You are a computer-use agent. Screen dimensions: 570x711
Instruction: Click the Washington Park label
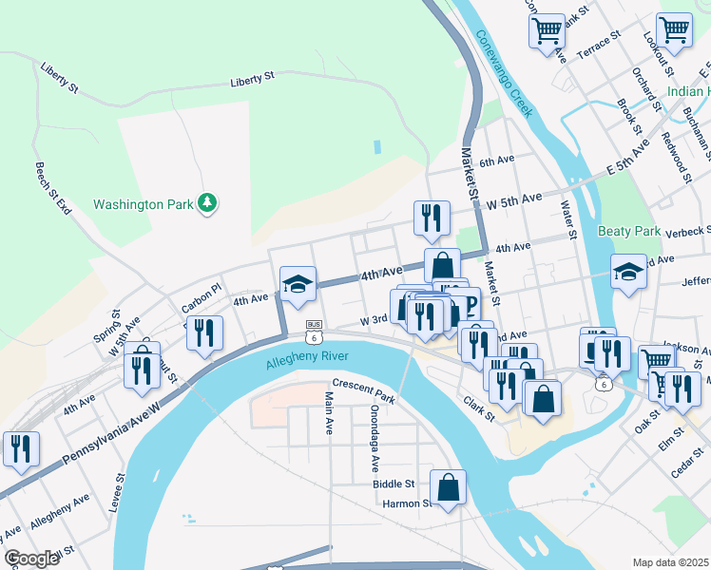pyautogui.click(x=143, y=204)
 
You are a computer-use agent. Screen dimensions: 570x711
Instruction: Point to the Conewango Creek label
pyautogui.click(x=503, y=74)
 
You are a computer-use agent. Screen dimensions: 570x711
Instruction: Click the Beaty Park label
pyautogui.click(x=628, y=231)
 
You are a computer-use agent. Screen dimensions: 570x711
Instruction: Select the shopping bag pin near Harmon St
pyautogui.click(x=448, y=488)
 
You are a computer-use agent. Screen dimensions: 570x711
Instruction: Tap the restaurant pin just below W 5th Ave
pyautogui.click(x=432, y=218)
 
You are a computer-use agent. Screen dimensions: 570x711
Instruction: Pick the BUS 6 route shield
pyautogui.click(x=313, y=331)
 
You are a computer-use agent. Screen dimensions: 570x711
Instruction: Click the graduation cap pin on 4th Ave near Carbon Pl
pyautogui.click(x=298, y=283)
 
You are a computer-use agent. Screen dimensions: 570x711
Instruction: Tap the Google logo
pyautogui.click(x=31, y=559)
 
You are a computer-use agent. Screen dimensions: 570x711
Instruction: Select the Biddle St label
pyautogui.click(x=394, y=484)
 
